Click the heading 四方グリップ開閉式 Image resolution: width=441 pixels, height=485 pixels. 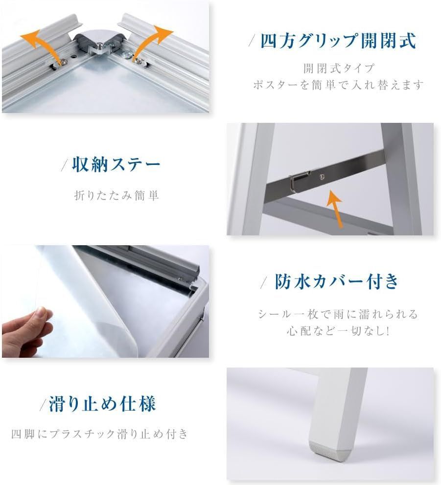click(x=338, y=41)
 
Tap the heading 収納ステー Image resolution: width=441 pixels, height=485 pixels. click(x=116, y=164)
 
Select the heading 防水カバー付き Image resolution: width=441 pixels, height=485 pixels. click(x=337, y=281)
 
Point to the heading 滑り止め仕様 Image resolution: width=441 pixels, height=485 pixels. click(x=102, y=404)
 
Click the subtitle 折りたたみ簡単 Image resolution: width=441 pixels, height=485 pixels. click(x=116, y=195)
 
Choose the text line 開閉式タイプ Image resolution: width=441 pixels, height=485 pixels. click(x=339, y=69)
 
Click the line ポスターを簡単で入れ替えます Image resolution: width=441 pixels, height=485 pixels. click(x=338, y=85)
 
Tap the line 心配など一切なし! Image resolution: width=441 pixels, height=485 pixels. click(x=338, y=331)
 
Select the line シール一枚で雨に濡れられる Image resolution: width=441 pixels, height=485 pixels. click(x=338, y=314)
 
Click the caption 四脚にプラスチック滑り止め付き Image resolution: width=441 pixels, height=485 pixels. click(x=99, y=434)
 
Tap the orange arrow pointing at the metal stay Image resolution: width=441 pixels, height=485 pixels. click(x=335, y=208)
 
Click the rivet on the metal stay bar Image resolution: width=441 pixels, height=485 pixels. click(x=322, y=177)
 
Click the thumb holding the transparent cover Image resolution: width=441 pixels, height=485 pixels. click(x=40, y=316)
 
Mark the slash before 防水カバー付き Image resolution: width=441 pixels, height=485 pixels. click(x=264, y=282)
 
